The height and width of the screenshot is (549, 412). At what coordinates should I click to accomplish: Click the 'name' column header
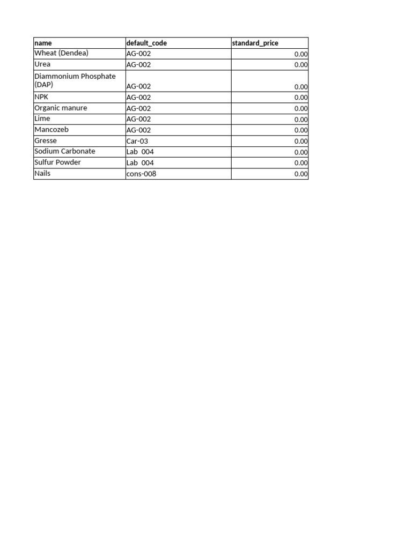point(43,43)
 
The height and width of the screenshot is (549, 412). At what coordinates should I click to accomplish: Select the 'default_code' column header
point(146,43)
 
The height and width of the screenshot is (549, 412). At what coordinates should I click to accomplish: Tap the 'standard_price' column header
point(255,43)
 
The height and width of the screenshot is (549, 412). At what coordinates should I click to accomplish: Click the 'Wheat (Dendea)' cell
point(61,54)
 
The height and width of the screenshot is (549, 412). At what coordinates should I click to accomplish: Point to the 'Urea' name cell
point(42,64)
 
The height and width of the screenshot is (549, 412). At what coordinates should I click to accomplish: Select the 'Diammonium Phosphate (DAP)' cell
point(75,80)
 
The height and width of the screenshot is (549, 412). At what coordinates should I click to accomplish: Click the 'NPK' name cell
point(41,97)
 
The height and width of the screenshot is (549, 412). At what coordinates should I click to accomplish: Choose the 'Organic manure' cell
point(61,108)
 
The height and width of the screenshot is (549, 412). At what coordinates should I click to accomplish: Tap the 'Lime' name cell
point(42,119)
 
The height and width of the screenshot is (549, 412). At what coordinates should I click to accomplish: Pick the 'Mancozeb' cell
point(51,130)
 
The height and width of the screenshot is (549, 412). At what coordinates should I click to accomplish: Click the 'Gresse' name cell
point(46,141)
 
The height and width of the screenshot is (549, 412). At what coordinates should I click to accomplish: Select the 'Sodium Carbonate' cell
point(64,152)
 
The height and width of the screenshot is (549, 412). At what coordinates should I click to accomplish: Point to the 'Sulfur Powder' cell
point(57,162)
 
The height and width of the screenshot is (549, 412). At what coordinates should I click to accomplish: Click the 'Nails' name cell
point(42,174)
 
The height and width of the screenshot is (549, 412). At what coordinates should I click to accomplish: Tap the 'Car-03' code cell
point(137,141)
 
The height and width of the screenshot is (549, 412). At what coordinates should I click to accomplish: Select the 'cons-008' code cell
point(141,174)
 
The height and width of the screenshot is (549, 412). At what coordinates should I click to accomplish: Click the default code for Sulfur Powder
point(140,162)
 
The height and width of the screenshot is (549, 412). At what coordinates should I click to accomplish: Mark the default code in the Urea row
point(138,65)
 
